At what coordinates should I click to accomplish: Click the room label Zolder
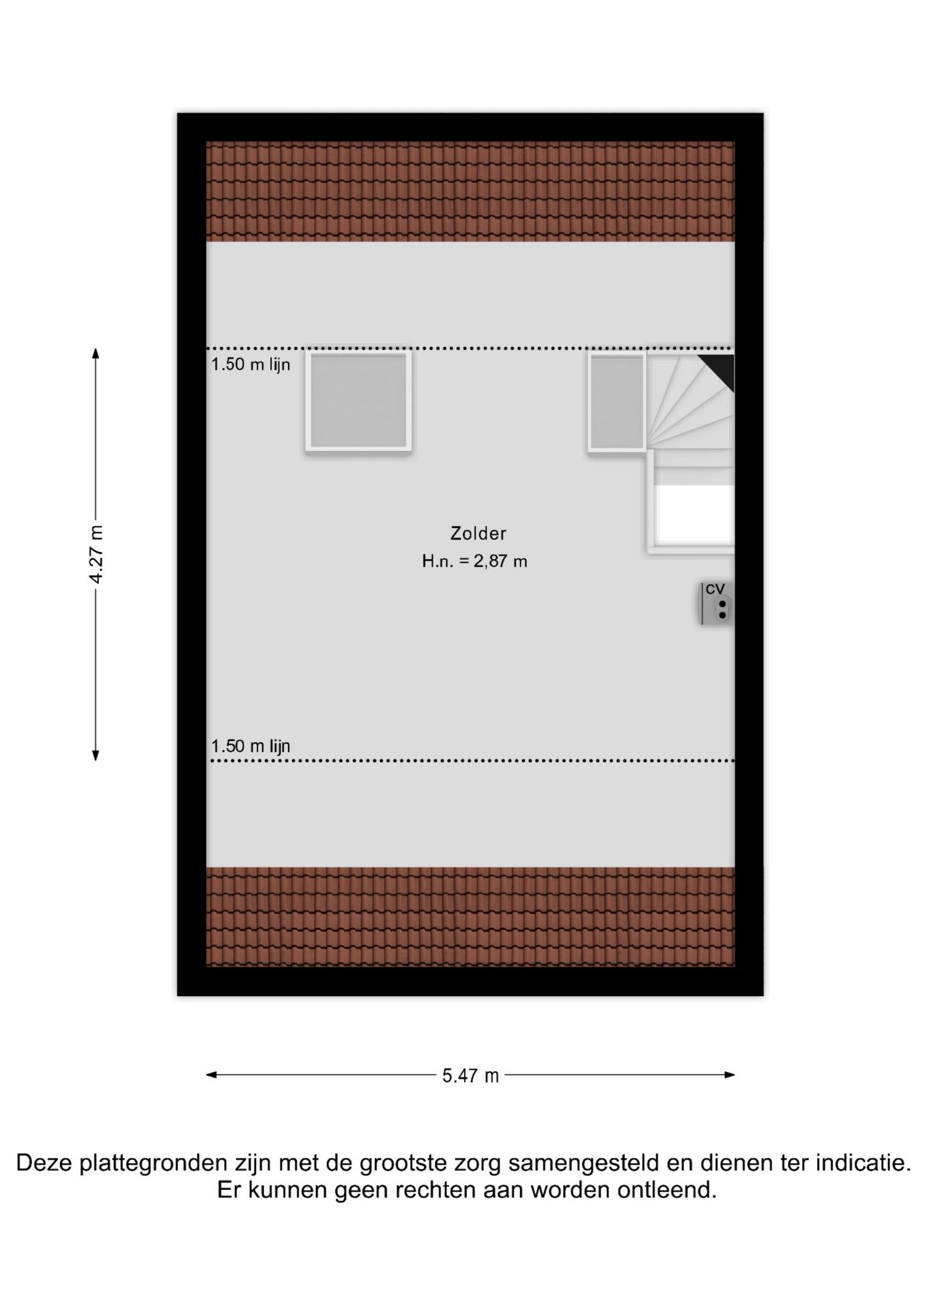tap(478, 533)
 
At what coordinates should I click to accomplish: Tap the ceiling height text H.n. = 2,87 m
tap(474, 562)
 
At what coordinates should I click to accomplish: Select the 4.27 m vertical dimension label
tap(96, 554)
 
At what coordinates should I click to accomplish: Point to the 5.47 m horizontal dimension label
tap(470, 1076)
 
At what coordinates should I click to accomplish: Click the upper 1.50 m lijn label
tap(251, 364)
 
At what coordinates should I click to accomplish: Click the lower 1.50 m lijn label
tap(251, 746)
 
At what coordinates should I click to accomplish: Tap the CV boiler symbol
tap(716, 603)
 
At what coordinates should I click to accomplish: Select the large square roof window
tap(358, 401)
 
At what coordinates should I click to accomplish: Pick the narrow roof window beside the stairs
tap(616, 401)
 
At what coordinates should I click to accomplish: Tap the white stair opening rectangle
tap(694, 514)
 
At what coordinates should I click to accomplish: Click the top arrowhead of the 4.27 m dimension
tap(96, 353)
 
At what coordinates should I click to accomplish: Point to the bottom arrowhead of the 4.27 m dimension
tap(96, 755)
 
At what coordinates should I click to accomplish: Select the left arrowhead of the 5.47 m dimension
tap(212, 1075)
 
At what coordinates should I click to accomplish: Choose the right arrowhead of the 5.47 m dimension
tap(730, 1075)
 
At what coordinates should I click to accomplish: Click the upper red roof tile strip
tap(470, 192)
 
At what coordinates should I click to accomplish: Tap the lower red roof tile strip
tap(470, 917)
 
